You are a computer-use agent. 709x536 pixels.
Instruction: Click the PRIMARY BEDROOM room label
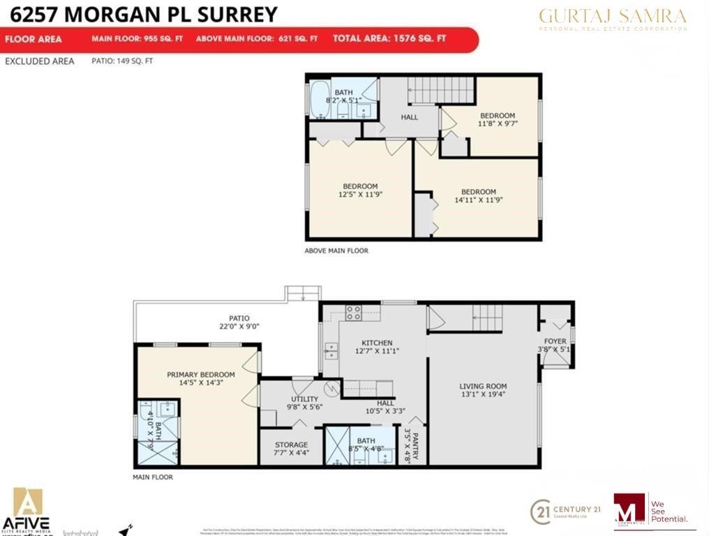pyautogui.click(x=200, y=375)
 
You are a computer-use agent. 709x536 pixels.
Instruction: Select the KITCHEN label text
pyautogui.click(x=376, y=343)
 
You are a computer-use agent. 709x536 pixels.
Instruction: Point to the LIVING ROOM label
pyautogui.click(x=483, y=386)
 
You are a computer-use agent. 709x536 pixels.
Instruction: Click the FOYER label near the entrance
pyautogui.click(x=555, y=342)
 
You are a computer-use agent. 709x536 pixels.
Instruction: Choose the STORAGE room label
pyautogui.click(x=291, y=445)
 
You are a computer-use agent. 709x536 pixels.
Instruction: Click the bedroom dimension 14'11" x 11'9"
pyautogui.click(x=478, y=200)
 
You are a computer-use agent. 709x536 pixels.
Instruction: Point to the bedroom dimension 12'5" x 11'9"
pyautogui.click(x=360, y=195)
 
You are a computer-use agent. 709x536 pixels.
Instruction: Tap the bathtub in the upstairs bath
pyautogui.click(x=319, y=100)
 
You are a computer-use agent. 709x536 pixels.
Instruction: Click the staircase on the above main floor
pyautogui.click(x=440, y=90)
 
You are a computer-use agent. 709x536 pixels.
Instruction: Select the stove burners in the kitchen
pyautogui.click(x=354, y=313)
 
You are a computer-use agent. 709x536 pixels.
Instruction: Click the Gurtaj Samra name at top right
pyautogui.click(x=612, y=15)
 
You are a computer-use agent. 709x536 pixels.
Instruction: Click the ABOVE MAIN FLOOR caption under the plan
pyautogui.click(x=336, y=251)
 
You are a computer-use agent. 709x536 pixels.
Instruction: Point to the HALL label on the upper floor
pyautogui.click(x=410, y=117)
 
